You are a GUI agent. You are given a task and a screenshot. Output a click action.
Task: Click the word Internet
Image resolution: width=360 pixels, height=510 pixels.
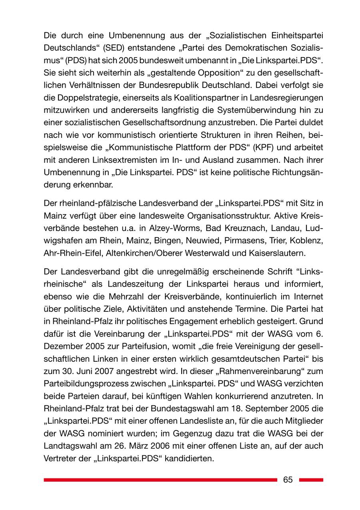click(x=306, y=297)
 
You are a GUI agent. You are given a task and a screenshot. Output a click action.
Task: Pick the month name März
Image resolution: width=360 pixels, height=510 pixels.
click(x=152, y=445)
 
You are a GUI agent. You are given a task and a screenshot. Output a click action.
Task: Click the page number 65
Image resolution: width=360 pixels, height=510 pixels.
click(x=288, y=480)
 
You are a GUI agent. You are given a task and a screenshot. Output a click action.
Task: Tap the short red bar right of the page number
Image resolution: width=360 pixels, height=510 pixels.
click(x=311, y=480)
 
